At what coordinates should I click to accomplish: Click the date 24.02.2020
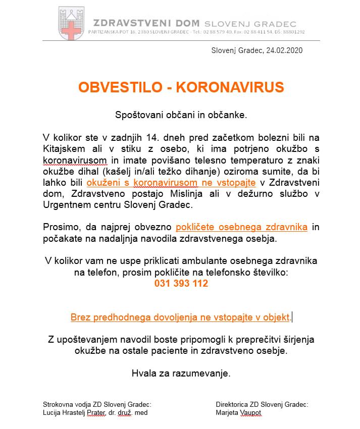[284, 50]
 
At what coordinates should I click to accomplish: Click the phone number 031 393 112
[181, 284]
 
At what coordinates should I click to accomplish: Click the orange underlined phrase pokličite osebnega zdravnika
[241, 227]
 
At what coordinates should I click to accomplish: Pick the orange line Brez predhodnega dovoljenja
[180, 317]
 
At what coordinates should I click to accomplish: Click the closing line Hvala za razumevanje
[181, 373]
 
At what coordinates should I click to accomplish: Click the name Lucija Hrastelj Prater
[76, 412]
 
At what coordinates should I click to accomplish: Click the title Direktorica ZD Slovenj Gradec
[262, 404]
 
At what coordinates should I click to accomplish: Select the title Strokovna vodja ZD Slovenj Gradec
[97, 404]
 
